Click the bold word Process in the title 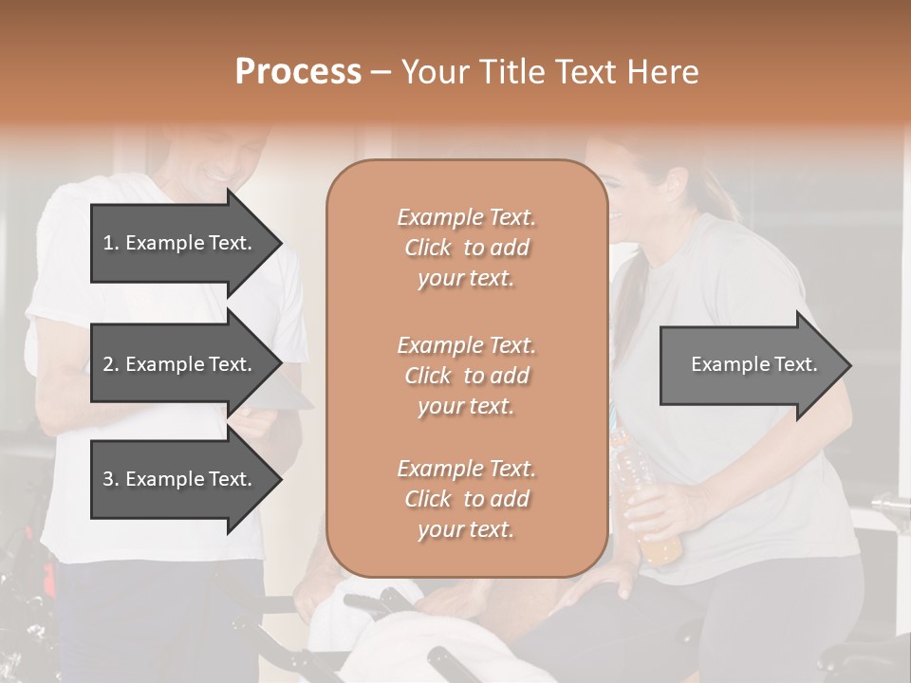[298, 72]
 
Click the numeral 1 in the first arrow [107, 243]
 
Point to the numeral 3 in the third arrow [108, 479]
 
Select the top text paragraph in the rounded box [466, 248]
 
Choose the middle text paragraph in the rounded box [466, 376]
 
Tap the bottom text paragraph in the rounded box [466, 499]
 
